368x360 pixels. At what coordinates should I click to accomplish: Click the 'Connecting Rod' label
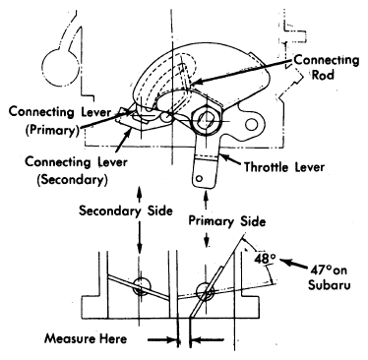pyautogui.click(x=327, y=67)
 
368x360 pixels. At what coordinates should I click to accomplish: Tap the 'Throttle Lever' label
pyautogui.click(x=284, y=167)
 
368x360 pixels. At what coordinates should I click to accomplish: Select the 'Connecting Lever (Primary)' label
pyautogui.click(x=60, y=121)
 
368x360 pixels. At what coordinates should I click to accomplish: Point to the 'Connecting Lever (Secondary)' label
pyautogui.click(x=77, y=171)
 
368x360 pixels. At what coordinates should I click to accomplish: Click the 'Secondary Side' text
pyautogui.click(x=126, y=210)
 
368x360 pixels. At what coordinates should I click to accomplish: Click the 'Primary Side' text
pyautogui.click(x=227, y=221)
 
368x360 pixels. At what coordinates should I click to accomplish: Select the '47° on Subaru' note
pyautogui.click(x=329, y=277)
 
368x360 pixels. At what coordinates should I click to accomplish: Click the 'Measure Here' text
pyautogui.click(x=86, y=338)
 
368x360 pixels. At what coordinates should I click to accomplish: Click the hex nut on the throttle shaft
pyautogui.click(x=208, y=121)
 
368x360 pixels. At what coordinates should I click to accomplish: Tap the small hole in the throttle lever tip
pyautogui.click(x=199, y=178)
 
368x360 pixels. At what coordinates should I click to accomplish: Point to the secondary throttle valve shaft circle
pyautogui.click(x=142, y=286)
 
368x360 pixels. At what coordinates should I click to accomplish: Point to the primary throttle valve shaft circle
pyautogui.click(x=206, y=291)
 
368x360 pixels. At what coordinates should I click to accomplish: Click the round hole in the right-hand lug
pyautogui.click(x=252, y=124)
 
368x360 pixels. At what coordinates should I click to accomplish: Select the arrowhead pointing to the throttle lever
pyautogui.click(x=225, y=158)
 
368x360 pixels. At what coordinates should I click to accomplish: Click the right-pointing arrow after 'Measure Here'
pyautogui.click(x=163, y=340)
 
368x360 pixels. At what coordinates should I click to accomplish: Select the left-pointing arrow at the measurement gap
pyautogui.click(x=208, y=340)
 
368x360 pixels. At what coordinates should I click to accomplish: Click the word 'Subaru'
pyautogui.click(x=329, y=284)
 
